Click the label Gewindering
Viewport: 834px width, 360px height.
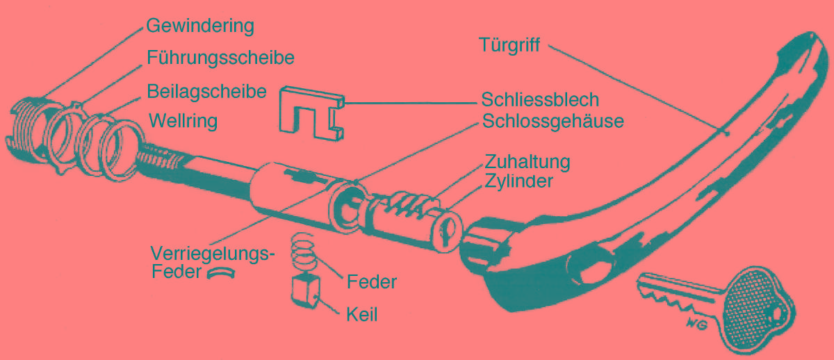pyautogui.click(x=200, y=27)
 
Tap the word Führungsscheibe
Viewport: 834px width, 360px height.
pyautogui.click(x=220, y=58)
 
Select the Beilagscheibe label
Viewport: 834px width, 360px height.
pyautogui.click(x=207, y=91)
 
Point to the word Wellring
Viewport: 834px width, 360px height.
pyautogui.click(x=183, y=121)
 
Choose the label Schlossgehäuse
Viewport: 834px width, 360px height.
pyautogui.click(x=553, y=121)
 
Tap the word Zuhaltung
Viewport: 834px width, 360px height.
pyautogui.click(x=528, y=162)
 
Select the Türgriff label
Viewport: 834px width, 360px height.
pyautogui.click(x=509, y=45)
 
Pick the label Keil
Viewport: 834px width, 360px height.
pyautogui.click(x=361, y=315)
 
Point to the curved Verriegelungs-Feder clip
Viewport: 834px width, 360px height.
pyautogui.click(x=221, y=273)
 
